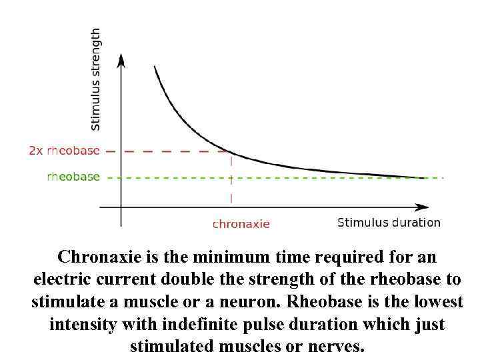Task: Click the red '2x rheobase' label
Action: point(64,151)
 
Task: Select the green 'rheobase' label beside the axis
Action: point(73,177)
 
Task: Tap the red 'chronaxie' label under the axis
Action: point(241,224)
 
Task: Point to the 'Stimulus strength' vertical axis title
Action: point(96,79)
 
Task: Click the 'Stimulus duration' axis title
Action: point(389,223)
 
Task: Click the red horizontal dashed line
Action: point(167,151)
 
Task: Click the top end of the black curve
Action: point(155,67)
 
